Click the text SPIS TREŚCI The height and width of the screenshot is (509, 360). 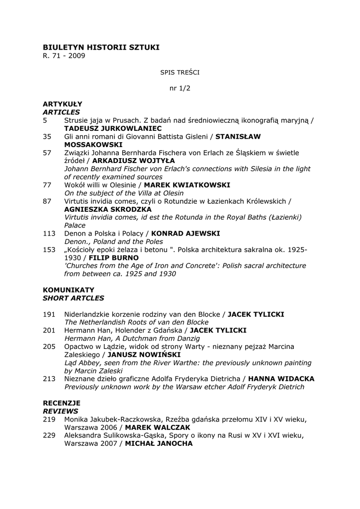coord(180,72)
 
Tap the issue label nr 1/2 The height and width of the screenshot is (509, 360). coord(180,88)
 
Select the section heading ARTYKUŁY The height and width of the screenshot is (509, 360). coord(63,104)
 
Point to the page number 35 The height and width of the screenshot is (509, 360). coord(47,136)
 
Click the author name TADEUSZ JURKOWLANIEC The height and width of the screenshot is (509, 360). coord(113,128)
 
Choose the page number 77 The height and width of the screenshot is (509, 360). coord(47,185)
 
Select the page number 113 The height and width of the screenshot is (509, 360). coord(49,233)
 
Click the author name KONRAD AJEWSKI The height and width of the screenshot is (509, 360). coord(185,233)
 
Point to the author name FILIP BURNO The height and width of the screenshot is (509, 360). coord(114,257)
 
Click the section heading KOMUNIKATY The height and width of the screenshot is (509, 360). coord(69,290)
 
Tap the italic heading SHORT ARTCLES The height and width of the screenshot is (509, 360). coord(74,298)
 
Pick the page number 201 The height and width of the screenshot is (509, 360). coord(49,330)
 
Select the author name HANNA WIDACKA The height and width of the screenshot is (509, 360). coord(281,379)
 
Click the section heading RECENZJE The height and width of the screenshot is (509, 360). coord(62,403)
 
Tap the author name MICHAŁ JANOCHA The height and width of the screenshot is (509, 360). coord(159,443)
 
